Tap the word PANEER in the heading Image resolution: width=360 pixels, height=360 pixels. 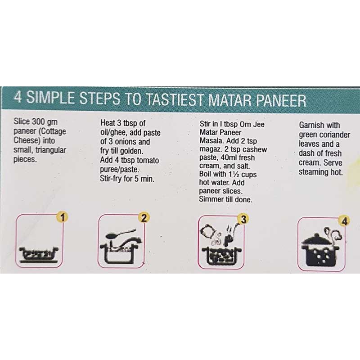pos(279,99)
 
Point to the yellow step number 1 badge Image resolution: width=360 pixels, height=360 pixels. pos(63,218)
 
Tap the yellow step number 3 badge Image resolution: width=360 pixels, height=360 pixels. pos(243,220)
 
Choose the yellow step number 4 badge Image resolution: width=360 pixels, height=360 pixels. pos(344,221)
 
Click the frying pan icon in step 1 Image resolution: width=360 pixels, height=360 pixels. pos(38,253)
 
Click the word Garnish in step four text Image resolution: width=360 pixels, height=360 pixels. pos(313,125)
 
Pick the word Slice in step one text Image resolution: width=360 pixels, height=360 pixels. pos(22,121)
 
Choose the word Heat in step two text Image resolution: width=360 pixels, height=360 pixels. pos(108,123)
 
